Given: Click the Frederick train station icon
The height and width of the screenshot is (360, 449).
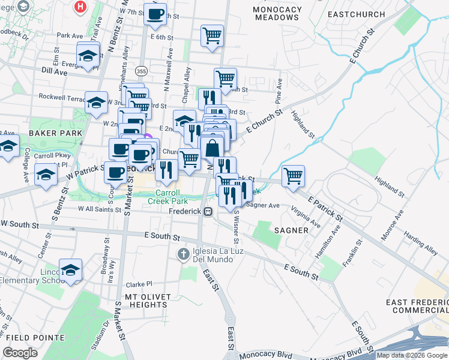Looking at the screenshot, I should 208,211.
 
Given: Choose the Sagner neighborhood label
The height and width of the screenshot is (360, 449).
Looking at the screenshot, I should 292,230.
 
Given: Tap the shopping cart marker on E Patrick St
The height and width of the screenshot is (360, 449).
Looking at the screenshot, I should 293,176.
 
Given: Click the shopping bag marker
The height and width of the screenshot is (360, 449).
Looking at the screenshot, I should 212,148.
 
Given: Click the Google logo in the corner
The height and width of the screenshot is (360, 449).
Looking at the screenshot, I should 20,353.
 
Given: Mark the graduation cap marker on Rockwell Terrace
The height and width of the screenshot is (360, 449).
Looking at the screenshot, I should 96,102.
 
